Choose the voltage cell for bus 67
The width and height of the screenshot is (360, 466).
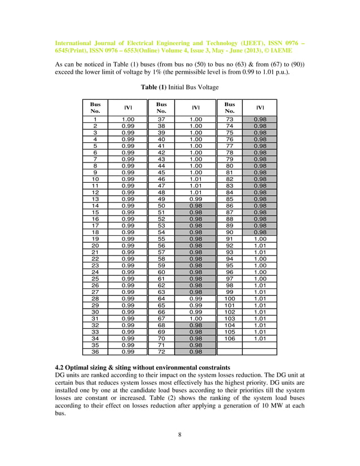click(195, 318)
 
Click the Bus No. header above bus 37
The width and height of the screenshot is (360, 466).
click(161, 108)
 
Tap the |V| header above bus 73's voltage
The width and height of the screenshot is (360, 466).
click(260, 108)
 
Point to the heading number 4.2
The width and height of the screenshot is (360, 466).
click(60, 367)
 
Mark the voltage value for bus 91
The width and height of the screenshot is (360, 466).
click(260, 239)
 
